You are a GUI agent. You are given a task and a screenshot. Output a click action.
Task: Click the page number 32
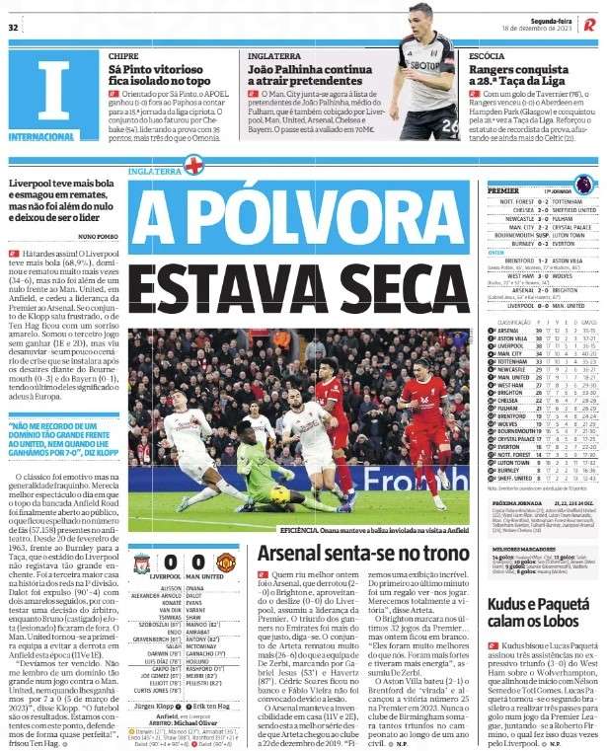tap(15, 27)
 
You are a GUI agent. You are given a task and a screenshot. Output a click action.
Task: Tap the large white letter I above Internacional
tap(49, 92)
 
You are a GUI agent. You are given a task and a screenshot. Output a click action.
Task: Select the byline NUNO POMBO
tap(98, 238)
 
